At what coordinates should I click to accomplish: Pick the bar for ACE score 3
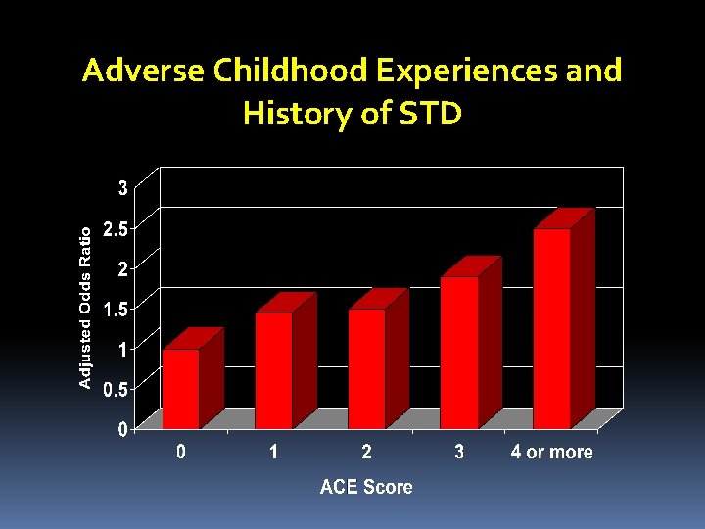pyautogui.click(x=459, y=353)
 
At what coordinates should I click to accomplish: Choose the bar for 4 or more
pyautogui.click(x=552, y=328)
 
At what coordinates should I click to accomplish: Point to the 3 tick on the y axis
pyautogui.click(x=122, y=188)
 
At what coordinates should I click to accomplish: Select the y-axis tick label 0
pyautogui.click(x=122, y=429)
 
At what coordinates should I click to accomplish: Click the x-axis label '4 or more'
pyautogui.click(x=551, y=453)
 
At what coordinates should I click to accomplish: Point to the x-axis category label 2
pyautogui.click(x=366, y=453)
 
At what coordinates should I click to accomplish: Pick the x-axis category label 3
pyautogui.click(x=459, y=453)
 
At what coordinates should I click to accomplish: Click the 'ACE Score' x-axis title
pyautogui.click(x=366, y=487)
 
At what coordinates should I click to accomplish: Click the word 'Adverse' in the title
pyautogui.click(x=143, y=72)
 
